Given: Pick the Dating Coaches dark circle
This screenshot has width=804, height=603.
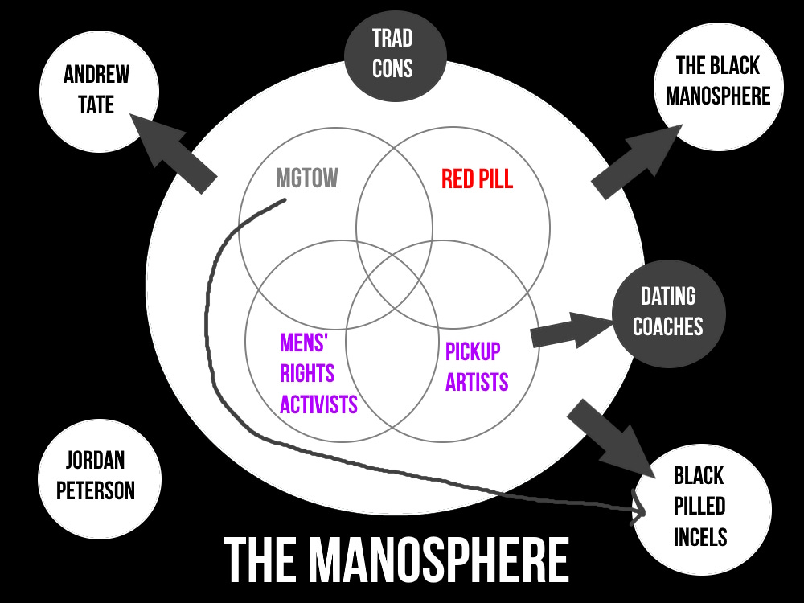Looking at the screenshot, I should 668,311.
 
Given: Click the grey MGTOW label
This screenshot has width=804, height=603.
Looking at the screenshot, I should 307,178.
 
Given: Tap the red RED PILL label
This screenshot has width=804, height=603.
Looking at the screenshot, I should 477,178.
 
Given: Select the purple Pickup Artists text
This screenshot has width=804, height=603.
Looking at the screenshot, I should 478,367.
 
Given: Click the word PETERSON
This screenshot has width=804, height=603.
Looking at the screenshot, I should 96,490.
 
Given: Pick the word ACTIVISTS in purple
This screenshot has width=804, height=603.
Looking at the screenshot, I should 318,404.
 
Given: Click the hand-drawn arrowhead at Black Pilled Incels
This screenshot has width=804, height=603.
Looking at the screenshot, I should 641,508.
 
